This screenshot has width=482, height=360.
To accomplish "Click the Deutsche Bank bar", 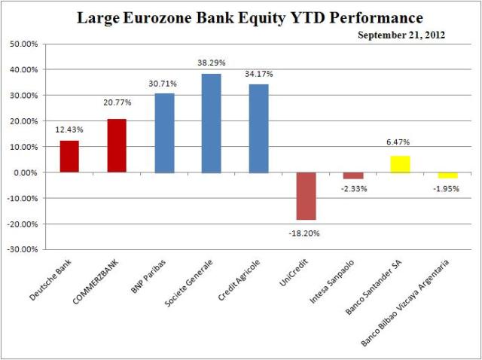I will (70, 157).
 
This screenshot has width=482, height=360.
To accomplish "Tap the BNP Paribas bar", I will (164, 133).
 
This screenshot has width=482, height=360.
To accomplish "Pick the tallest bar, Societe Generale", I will (212, 124).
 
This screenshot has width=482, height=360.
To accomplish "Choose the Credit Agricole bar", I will (258, 129).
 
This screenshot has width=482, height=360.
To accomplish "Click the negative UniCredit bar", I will (306, 196).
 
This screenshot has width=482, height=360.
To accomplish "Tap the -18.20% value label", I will (306, 233).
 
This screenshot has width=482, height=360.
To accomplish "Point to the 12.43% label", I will (70, 130).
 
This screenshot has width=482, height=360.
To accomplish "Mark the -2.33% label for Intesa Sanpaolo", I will (352, 188).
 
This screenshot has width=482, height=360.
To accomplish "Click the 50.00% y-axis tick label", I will (29, 44).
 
